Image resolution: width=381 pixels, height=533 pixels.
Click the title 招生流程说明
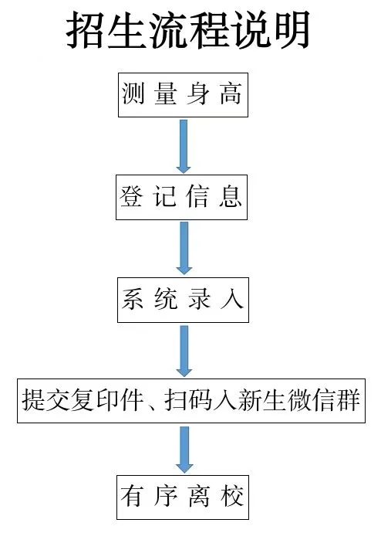click(187, 30)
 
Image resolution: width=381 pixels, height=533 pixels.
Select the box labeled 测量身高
click(183, 95)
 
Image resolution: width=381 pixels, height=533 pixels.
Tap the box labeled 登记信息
click(181, 197)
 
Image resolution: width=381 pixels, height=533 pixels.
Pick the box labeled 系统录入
click(183, 300)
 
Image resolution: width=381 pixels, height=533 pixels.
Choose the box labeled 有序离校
click(183, 497)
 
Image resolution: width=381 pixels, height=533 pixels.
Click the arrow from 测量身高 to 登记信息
click(184, 146)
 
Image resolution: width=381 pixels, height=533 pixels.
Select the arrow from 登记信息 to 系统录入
click(184, 248)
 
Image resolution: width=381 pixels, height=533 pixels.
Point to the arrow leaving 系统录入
click(184, 351)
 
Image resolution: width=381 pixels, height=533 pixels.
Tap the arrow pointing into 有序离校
click(184, 450)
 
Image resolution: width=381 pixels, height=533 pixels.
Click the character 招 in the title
click(86, 30)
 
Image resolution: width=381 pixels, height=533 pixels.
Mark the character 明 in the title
click(290, 30)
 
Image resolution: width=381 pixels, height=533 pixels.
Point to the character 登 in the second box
click(131, 196)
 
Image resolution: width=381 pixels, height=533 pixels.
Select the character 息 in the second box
click(231, 196)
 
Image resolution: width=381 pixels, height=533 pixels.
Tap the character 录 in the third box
click(199, 299)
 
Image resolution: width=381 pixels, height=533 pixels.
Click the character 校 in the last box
click(232, 497)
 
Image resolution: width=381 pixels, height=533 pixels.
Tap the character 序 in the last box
click(166, 497)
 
